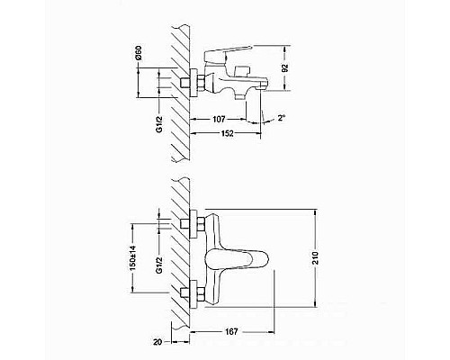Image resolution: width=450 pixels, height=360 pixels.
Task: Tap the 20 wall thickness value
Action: pos(158,341)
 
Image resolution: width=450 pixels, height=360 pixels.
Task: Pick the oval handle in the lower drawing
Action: pos(237,260)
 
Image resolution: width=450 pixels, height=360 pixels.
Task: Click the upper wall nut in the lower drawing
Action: pos(190,222)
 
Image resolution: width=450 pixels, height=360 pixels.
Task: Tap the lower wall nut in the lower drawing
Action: pos(190,292)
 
